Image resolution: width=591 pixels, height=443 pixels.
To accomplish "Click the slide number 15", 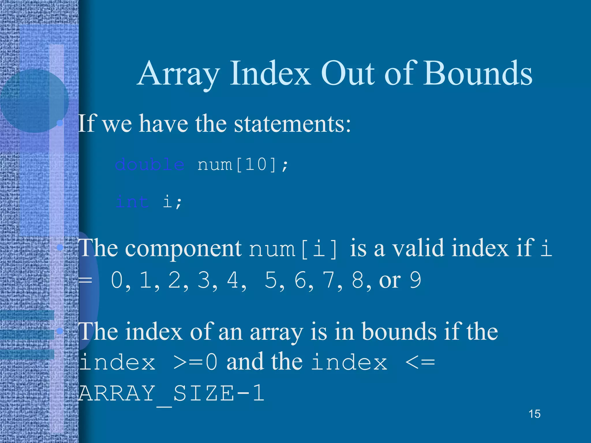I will click(x=534, y=414).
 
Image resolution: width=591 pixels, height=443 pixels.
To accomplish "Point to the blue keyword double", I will click(x=149, y=165).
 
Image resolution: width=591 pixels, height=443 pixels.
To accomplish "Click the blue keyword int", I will click(x=132, y=201).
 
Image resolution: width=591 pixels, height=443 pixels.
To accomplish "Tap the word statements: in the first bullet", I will click(x=292, y=124).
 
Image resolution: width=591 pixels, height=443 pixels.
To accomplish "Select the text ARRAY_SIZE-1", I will click(x=171, y=393).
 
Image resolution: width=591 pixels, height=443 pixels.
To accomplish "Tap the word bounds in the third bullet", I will click(x=399, y=332).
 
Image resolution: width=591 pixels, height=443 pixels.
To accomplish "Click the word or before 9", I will click(x=390, y=280).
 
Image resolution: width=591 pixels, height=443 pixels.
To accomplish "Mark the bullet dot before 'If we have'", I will click(x=60, y=123).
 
